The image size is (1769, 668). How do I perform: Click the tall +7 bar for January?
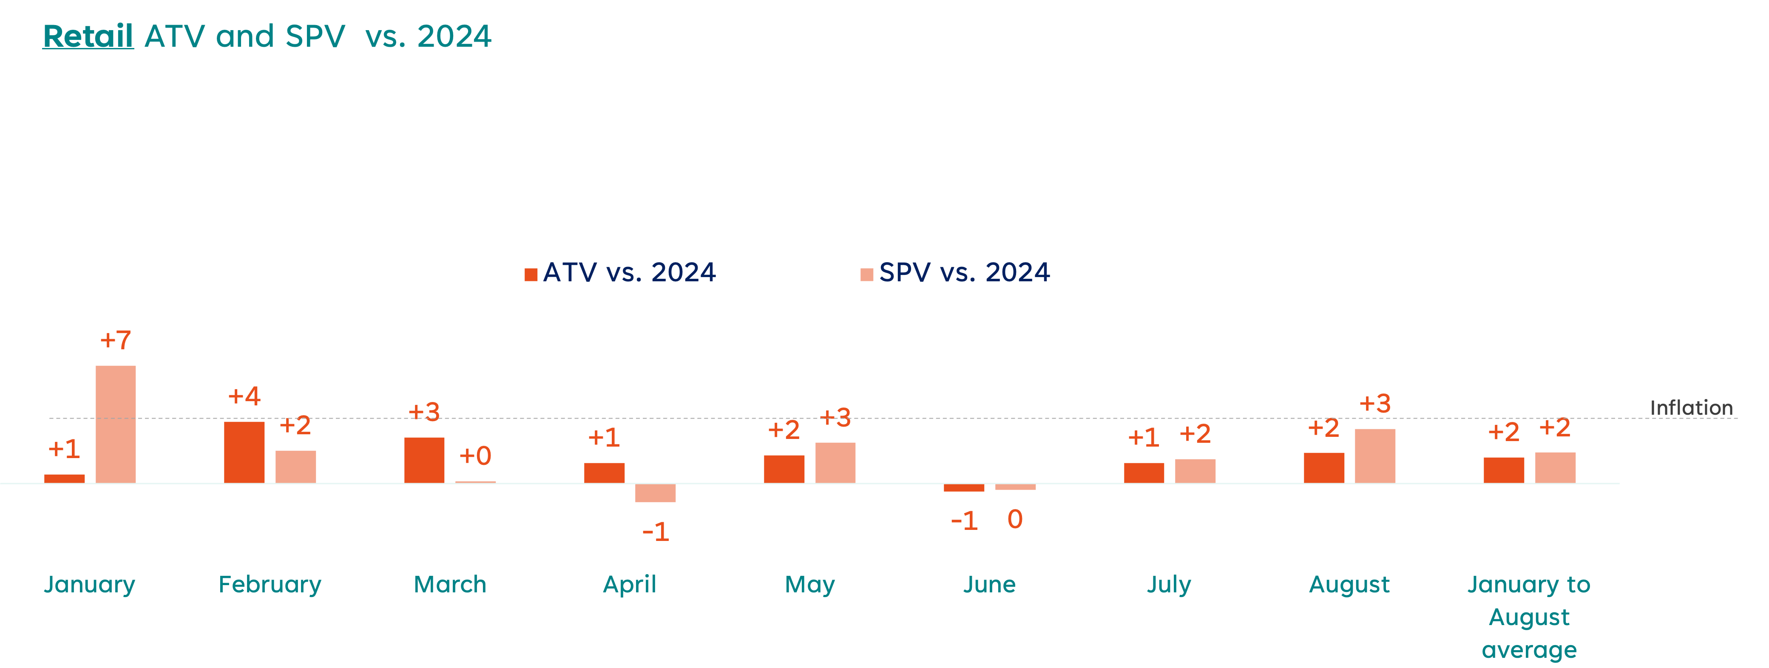pos(115,424)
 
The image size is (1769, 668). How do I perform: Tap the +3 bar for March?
pos(424,459)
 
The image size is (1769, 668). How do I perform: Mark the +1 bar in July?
pos(1144,473)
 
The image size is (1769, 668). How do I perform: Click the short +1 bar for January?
pos(65,478)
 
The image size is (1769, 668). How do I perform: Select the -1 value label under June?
pos(964,521)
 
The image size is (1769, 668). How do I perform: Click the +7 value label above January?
pos(115,340)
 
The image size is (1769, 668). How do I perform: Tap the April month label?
pos(630,584)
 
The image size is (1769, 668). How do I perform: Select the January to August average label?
pos(1529,617)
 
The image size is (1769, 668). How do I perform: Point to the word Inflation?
pos(1691,408)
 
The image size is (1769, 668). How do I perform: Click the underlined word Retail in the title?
pos(88,37)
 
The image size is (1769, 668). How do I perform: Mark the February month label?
pos(270,584)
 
